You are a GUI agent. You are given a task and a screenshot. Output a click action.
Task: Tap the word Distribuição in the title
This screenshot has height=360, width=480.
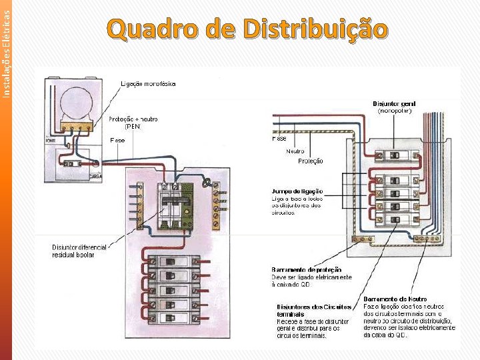tap(315, 30)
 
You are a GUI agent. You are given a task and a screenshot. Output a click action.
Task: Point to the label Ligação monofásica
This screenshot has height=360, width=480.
tap(148, 83)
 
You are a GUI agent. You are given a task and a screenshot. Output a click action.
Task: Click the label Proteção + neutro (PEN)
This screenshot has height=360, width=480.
tap(133, 122)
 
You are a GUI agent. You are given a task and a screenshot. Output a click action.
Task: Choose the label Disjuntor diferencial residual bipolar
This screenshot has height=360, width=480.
tap(79, 251)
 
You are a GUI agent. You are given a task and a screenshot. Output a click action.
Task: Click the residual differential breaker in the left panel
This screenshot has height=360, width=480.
tap(175, 207)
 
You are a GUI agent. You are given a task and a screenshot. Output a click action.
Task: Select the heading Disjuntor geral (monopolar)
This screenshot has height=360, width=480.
tap(395, 107)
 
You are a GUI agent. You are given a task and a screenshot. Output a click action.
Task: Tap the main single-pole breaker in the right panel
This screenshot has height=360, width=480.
tap(395, 155)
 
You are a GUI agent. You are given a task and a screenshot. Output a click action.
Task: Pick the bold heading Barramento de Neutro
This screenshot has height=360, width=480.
tap(395, 299)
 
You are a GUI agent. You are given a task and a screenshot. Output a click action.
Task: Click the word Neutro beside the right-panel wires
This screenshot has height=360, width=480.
tap(295, 151)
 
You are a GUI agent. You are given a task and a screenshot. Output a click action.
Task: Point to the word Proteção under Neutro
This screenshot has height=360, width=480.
tap(311, 161)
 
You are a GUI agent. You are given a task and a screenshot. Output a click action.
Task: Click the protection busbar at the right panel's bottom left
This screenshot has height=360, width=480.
tap(363, 238)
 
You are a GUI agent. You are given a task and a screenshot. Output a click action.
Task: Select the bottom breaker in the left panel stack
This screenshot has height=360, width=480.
tap(174, 317)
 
